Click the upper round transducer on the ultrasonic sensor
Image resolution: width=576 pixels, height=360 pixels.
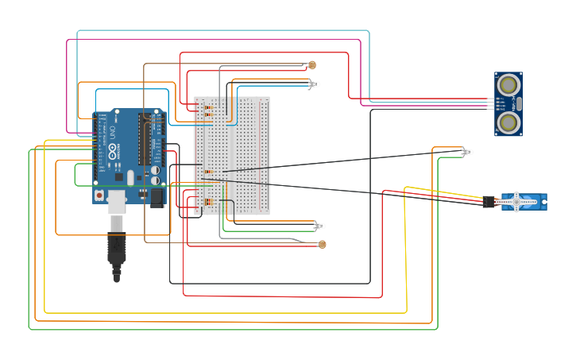(x=508, y=83)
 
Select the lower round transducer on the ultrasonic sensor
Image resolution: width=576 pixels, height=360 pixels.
(x=508, y=122)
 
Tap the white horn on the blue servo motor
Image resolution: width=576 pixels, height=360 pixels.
(x=517, y=202)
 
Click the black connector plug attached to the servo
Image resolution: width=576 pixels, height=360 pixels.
(x=489, y=202)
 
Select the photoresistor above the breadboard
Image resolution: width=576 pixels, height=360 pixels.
(x=311, y=65)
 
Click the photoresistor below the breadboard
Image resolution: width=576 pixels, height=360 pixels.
(x=322, y=244)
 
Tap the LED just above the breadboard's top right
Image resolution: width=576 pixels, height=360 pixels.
(x=315, y=83)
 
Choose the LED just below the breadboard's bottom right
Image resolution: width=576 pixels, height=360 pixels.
(x=320, y=226)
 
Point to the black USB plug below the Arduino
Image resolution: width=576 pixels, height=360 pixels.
(x=117, y=250)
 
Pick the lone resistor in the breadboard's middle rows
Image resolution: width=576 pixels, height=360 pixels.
(x=208, y=171)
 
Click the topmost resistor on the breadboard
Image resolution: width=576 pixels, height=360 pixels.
(x=208, y=107)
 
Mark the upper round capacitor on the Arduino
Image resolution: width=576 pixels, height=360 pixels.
(x=156, y=170)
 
